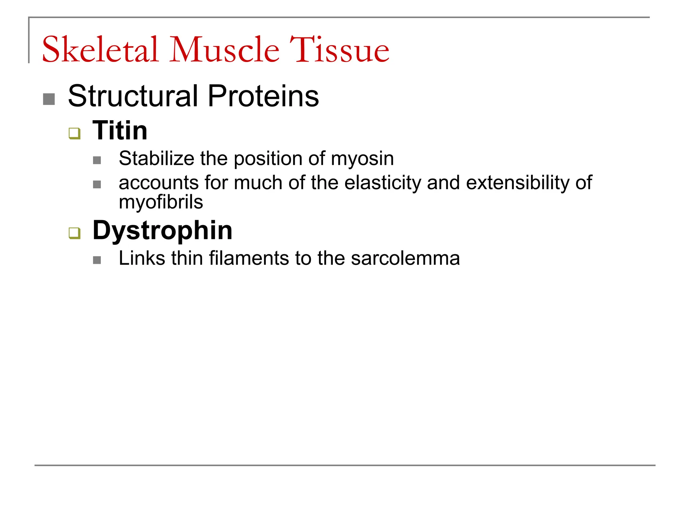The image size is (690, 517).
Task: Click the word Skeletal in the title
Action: point(100,50)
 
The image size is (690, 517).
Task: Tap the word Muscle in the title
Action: point(225,50)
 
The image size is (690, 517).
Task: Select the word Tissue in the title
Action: point(339,50)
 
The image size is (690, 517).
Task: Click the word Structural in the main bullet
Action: point(133,96)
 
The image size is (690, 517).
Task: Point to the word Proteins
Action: point(263,96)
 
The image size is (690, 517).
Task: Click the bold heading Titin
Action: point(120,130)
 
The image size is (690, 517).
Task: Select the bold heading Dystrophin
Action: point(162,230)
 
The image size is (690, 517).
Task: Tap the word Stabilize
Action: point(156,158)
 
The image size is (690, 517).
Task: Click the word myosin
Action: point(362,159)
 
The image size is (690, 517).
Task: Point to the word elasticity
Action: point(383,183)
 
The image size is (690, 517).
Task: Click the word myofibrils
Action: point(161,202)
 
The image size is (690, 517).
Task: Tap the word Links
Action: point(142,258)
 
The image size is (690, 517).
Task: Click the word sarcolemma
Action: point(405,258)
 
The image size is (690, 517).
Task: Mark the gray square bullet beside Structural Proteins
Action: point(49,99)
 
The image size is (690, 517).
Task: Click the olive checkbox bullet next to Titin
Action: point(74,133)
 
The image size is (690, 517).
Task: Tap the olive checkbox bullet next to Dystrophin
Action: point(74,233)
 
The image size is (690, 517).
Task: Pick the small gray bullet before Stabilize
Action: point(97,160)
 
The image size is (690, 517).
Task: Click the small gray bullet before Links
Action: point(97,260)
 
